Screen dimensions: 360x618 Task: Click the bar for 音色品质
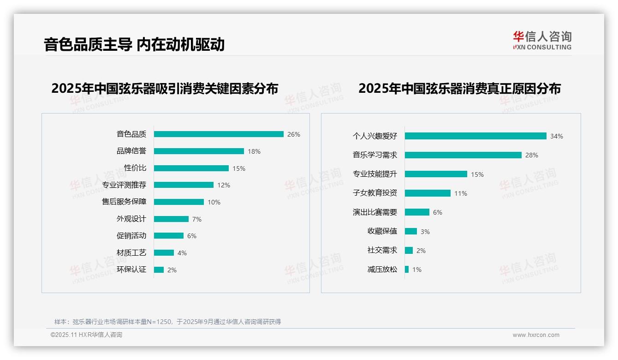(x=219, y=134)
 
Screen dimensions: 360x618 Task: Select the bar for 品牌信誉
(x=199, y=151)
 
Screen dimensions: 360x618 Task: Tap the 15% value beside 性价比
(x=239, y=168)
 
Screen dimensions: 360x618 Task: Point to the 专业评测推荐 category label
(x=124, y=185)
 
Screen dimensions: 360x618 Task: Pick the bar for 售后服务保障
(x=179, y=202)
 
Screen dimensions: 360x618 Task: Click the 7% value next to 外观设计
(x=197, y=219)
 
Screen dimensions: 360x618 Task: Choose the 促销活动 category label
(x=131, y=236)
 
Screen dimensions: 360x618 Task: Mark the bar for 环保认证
(x=159, y=270)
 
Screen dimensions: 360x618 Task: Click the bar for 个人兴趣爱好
(x=475, y=136)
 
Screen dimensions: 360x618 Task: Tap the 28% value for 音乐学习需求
(x=532, y=156)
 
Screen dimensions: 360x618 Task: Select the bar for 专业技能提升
(x=436, y=174)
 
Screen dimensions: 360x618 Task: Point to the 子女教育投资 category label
(x=375, y=193)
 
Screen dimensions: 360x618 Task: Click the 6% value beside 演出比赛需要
(x=438, y=213)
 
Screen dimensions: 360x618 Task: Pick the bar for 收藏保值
(x=411, y=231)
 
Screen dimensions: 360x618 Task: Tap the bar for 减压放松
(x=407, y=270)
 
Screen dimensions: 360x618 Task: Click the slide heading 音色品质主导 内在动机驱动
(x=134, y=44)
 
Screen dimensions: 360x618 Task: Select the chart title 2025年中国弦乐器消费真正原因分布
(x=459, y=89)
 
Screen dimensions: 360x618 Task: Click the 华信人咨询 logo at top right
(x=542, y=40)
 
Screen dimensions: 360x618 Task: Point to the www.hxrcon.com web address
(x=536, y=335)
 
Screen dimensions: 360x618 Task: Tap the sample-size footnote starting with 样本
(x=167, y=322)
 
